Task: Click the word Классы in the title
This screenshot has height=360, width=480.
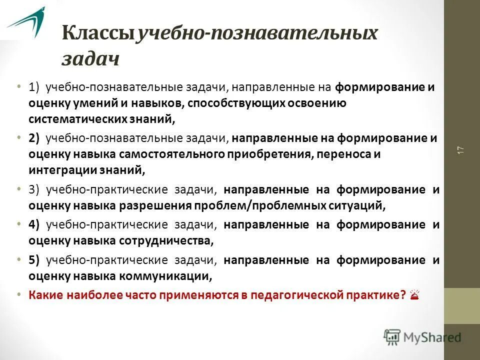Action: pos(98,34)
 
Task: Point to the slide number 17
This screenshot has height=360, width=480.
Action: pos(460,149)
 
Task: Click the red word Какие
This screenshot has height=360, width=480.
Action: pos(43,294)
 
